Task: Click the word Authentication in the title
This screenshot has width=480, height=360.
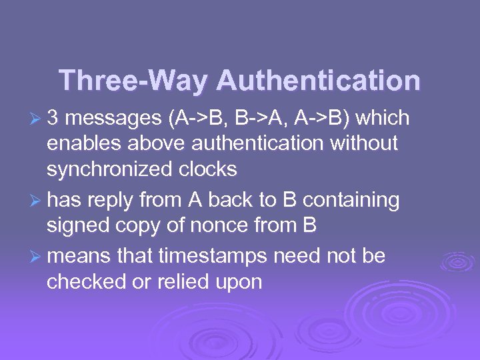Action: tap(319, 81)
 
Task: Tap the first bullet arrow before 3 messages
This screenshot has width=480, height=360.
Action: tap(37, 119)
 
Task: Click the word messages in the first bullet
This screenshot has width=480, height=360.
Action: tap(111, 118)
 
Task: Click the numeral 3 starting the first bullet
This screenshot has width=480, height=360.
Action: tap(53, 118)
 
